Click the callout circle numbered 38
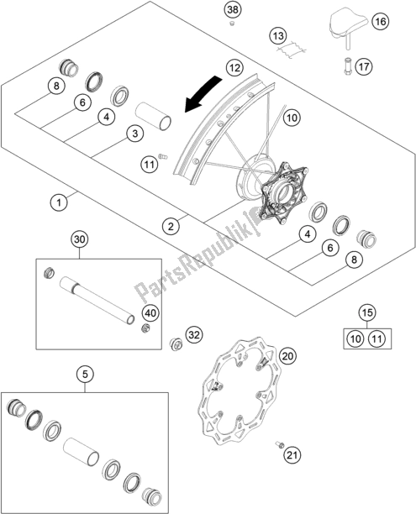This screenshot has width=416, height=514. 233,10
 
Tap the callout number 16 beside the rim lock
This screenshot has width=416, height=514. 380,22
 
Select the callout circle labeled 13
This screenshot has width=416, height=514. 278,36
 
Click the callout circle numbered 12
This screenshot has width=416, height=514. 234,68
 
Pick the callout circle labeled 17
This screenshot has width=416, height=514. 364,67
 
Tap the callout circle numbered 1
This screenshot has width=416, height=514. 59,202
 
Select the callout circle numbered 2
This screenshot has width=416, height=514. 171,226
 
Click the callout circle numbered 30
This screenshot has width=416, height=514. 79,239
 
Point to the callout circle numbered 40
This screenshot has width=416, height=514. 150,313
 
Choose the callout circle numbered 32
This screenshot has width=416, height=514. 194,335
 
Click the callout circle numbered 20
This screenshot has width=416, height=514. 287,356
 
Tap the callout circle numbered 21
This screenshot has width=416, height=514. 292,454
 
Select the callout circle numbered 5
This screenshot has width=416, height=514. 85,374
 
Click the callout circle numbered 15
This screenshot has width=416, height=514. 367,312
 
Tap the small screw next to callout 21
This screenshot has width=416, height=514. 280,444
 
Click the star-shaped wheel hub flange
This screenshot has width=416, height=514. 283,193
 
